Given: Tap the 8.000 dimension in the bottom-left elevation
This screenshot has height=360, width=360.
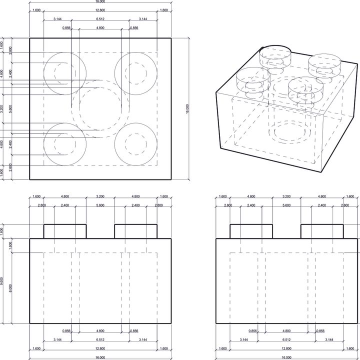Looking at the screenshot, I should pyautogui.click(x=11, y=288).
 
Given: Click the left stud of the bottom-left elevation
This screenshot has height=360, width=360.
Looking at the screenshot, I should pyautogui.click(x=65, y=231).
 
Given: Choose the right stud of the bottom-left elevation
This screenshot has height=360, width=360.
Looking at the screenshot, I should pyautogui.click(x=136, y=231).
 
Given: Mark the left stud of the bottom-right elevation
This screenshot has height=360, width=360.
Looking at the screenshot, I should pyautogui.click(x=251, y=231).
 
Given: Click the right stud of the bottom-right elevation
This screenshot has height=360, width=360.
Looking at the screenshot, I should pyautogui.click(x=322, y=231).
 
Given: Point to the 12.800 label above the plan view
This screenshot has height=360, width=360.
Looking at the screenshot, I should pyautogui.click(x=100, y=10).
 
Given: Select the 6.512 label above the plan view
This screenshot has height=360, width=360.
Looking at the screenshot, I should pyautogui.click(x=100, y=19).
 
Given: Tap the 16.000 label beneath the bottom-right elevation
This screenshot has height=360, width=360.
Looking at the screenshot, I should pyautogui.click(x=286, y=357).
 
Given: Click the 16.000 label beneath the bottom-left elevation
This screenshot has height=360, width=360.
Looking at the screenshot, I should pyautogui.click(x=100, y=357).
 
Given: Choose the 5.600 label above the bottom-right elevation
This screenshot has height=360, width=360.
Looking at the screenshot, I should pyautogui.click(x=286, y=205).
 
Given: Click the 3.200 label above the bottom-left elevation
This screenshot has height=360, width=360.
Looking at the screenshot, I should pyautogui.click(x=100, y=196).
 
